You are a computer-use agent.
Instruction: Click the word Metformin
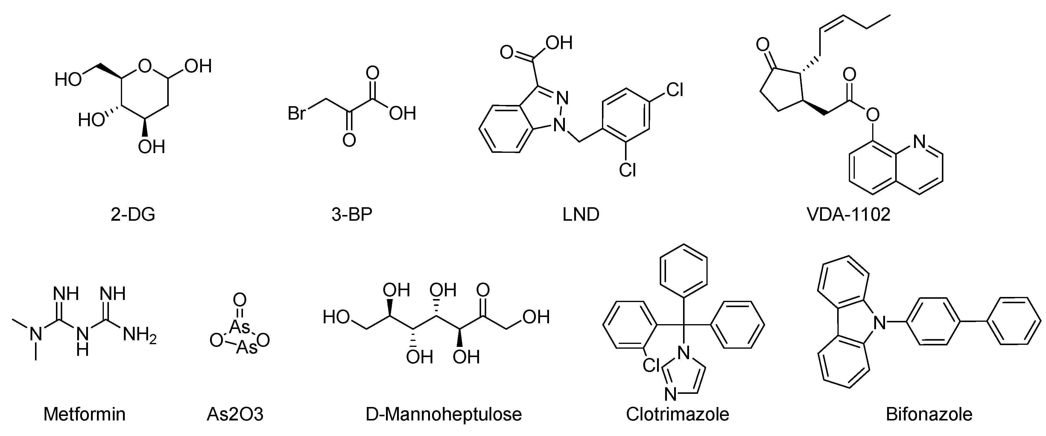pos(84,414)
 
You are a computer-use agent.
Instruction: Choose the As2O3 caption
pos(235,414)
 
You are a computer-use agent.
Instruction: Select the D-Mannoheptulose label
pos(443,414)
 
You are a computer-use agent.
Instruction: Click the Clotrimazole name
pos(677,414)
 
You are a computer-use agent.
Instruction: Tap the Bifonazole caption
pos(929,414)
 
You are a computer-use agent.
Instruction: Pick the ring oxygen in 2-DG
pos(144,65)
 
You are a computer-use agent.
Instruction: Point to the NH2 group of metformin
pos(139,336)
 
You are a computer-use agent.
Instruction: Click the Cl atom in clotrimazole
pos(651,365)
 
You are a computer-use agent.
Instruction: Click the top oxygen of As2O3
pos(240,301)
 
